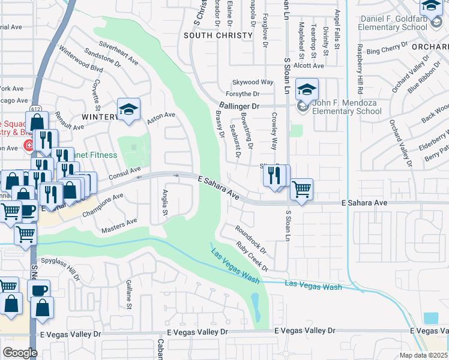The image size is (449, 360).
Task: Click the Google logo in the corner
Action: [x=19, y=352]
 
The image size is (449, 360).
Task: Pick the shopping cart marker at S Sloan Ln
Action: [x=301, y=189]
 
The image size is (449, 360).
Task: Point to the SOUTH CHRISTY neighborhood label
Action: [x=218, y=35]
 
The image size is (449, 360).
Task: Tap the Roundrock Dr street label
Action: [x=250, y=238]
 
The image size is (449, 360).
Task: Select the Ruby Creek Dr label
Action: [x=252, y=255]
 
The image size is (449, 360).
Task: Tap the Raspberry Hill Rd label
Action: [x=360, y=69]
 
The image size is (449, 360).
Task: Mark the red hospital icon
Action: [x=28, y=145]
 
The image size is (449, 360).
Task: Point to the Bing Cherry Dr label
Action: [x=387, y=50]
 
